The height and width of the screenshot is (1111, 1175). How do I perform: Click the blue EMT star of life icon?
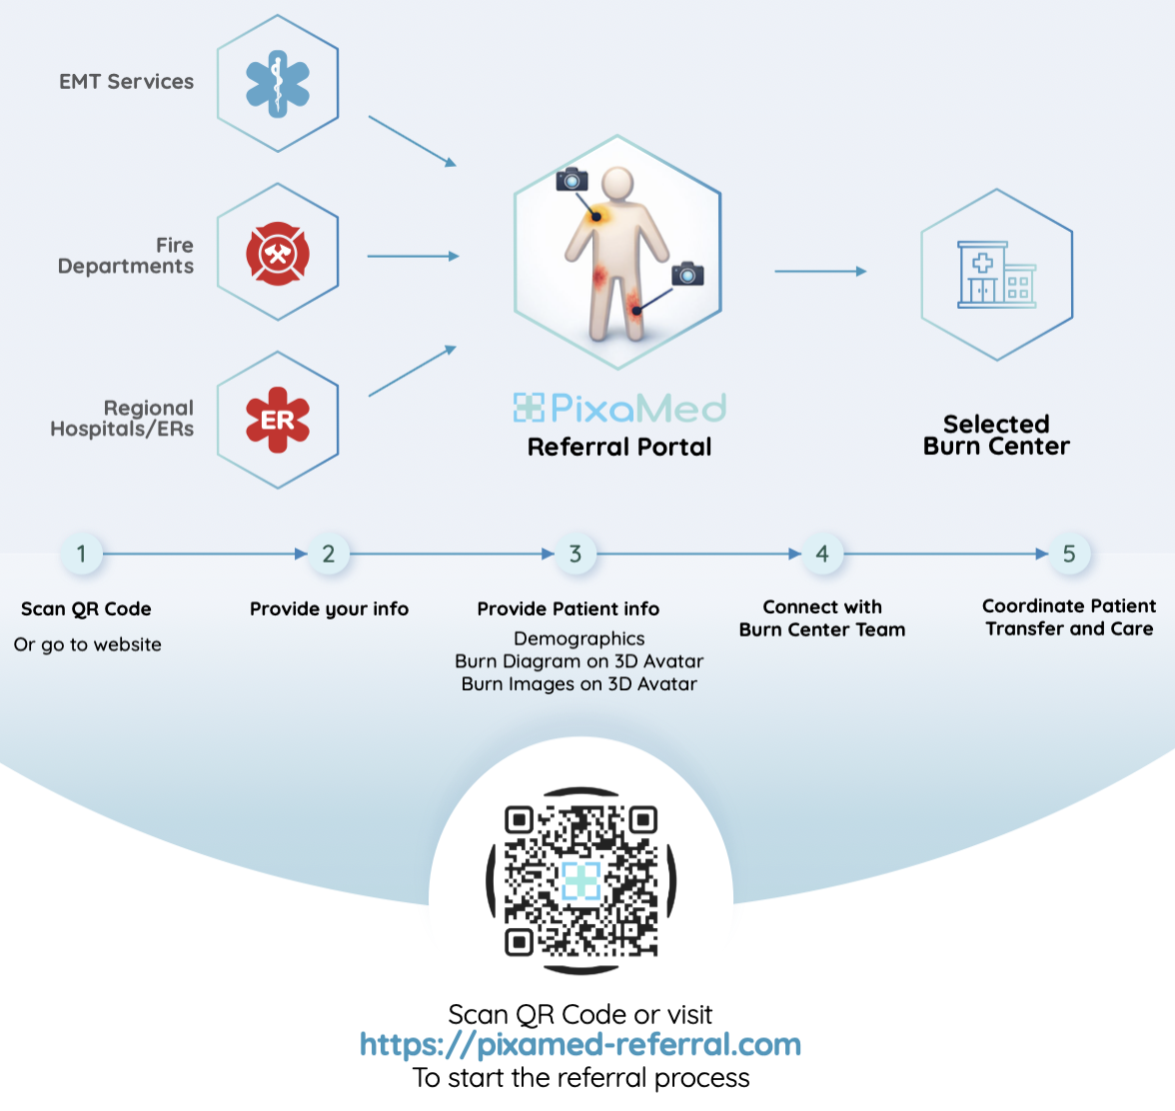278,84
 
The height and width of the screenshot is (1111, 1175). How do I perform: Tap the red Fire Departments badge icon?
278,253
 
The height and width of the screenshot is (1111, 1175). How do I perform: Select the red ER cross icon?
278,420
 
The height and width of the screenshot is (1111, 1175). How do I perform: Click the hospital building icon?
996,274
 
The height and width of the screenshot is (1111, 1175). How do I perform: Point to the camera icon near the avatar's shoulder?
572,180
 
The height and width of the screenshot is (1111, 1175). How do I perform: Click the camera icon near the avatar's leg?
687,273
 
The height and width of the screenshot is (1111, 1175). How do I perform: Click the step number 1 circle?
81,554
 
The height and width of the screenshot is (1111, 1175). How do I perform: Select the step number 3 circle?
576,554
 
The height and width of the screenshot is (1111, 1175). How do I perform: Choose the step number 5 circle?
1069,554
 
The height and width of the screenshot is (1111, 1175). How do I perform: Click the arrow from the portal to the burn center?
820,271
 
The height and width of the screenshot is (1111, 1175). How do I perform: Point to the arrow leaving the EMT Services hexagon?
412,140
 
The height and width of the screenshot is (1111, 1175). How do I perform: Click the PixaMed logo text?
619,408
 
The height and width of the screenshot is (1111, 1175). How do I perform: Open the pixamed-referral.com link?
581,1045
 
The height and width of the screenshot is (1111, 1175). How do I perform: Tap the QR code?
581,880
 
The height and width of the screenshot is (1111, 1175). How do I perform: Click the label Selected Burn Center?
996,436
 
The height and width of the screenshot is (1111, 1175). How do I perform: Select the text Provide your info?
329,609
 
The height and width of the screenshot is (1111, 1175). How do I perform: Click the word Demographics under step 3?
579,638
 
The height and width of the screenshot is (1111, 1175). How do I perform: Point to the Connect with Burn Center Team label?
822,618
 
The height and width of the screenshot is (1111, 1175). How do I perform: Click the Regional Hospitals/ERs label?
123,419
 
